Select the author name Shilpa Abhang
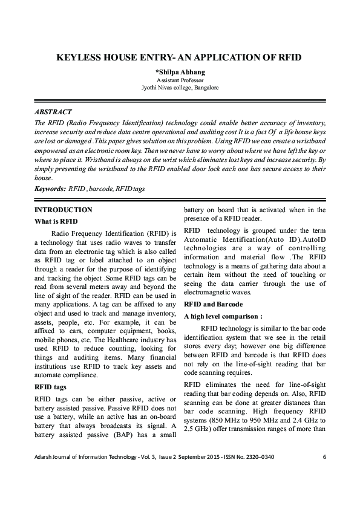click(x=181, y=72)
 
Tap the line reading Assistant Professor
click(x=180, y=80)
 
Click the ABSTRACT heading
click(x=53, y=112)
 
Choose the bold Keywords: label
click(x=50, y=189)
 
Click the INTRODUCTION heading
click(x=64, y=210)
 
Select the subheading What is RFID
click(x=56, y=221)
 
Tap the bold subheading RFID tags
click(x=51, y=387)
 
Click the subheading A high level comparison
click(x=223, y=316)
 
